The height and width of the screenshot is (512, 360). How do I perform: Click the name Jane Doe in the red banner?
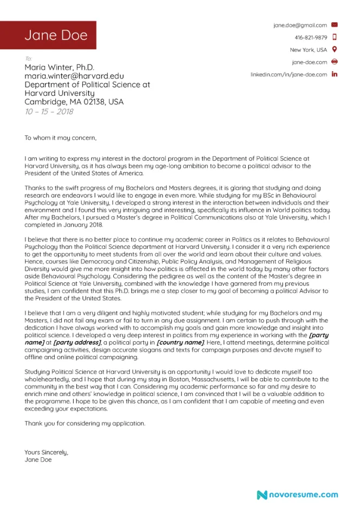(55, 35)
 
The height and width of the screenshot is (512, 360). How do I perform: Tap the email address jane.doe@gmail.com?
(300, 25)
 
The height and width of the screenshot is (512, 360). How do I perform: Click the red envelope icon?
(335, 25)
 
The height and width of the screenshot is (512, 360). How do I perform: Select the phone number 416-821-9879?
(311, 37)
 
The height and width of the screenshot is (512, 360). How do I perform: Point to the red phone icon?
(335, 37)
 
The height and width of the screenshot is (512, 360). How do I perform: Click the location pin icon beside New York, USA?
(335, 50)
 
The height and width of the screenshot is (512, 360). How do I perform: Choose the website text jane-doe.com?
(309, 62)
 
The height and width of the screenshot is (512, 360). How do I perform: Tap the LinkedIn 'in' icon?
(335, 75)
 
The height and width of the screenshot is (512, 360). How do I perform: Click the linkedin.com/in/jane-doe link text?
(288, 75)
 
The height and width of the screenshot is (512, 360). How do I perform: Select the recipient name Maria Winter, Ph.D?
(60, 67)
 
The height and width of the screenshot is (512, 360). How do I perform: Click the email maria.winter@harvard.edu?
(74, 76)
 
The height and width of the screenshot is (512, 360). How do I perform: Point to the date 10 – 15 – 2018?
(49, 112)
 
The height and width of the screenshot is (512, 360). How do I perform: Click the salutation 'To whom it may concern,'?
(60, 138)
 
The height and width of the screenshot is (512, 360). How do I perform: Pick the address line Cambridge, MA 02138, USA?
(74, 102)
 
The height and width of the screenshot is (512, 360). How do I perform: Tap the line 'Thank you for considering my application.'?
(85, 423)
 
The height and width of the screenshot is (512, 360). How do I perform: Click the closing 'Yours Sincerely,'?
(47, 452)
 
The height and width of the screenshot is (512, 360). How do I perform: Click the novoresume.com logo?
(297, 494)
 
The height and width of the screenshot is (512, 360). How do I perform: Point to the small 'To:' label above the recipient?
(28, 58)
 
